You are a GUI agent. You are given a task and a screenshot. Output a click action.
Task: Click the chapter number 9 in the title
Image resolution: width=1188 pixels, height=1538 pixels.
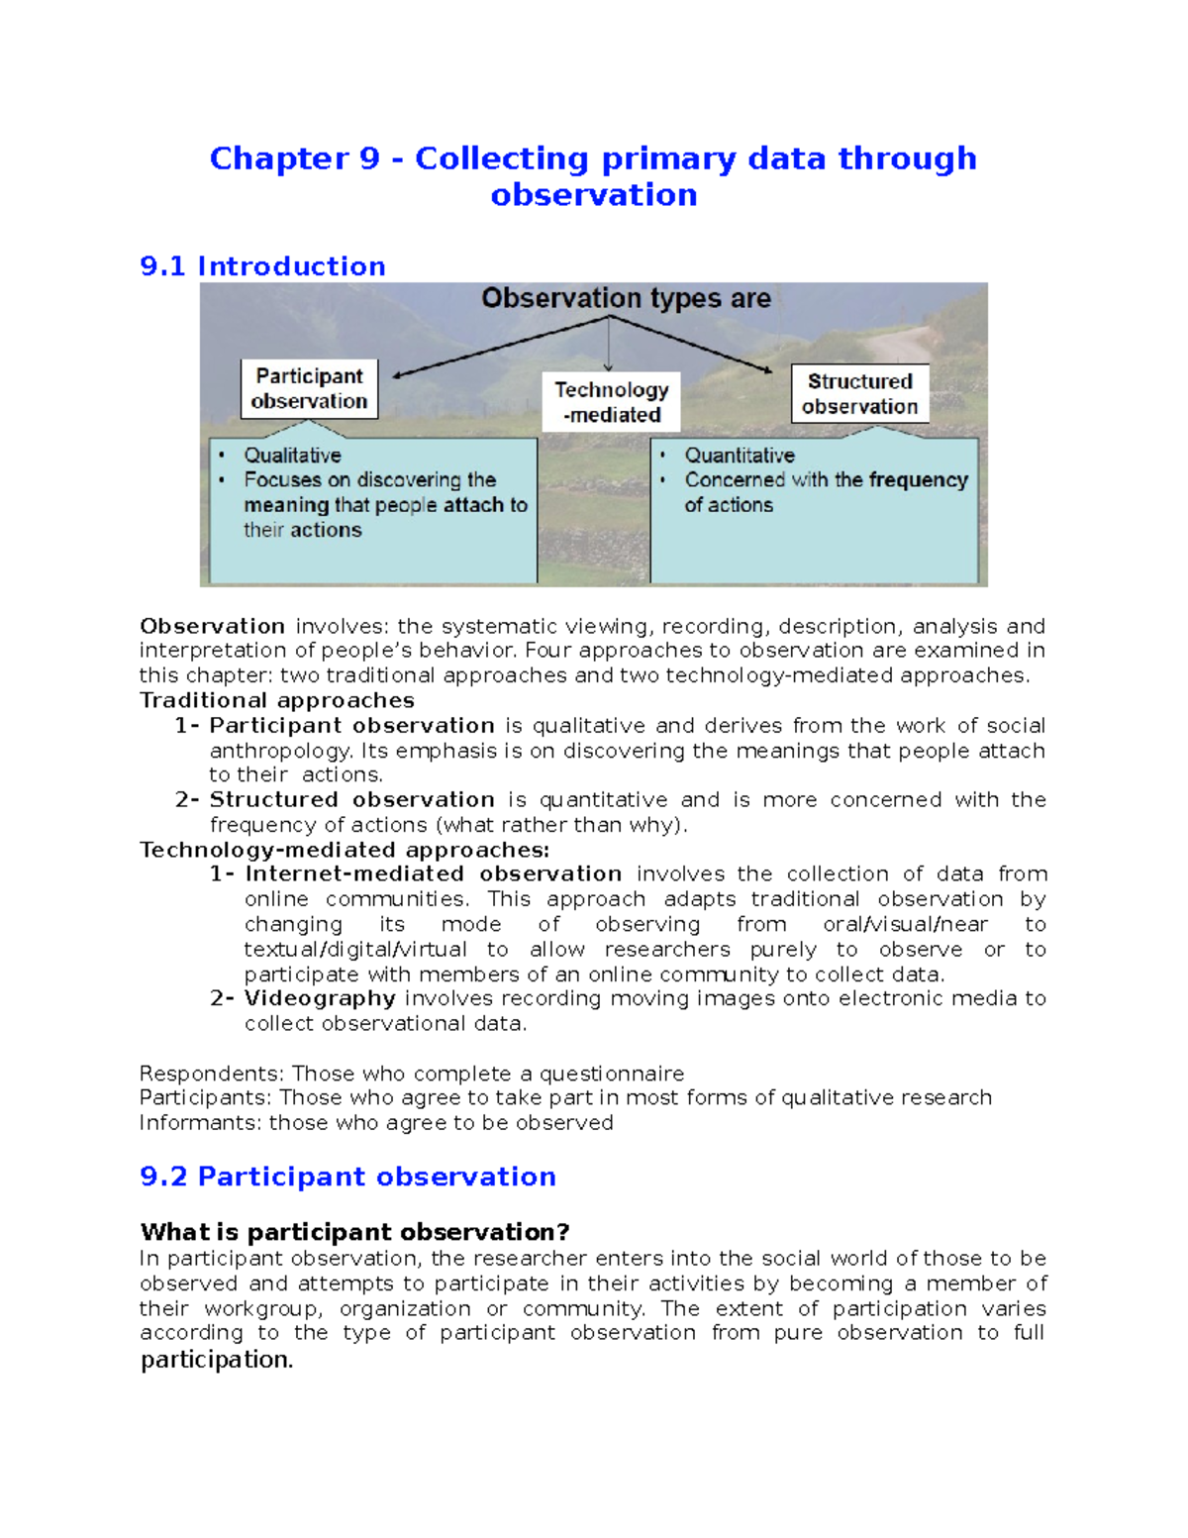click(369, 158)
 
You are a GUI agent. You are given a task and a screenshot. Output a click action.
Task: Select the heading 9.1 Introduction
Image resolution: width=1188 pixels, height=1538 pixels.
click(262, 266)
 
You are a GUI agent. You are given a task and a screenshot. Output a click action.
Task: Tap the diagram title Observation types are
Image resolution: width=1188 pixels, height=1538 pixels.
click(626, 298)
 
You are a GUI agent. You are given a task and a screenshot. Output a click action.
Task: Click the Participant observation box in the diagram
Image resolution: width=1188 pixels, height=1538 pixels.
click(309, 388)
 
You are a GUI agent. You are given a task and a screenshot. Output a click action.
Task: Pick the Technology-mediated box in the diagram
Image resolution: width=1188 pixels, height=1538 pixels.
click(611, 402)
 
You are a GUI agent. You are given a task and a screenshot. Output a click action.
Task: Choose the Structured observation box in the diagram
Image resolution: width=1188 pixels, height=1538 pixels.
click(859, 393)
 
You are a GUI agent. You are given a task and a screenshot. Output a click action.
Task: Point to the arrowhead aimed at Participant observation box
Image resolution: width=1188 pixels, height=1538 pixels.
click(398, 375)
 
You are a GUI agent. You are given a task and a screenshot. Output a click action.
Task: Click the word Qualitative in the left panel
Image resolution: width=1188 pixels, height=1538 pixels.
click(292, 456)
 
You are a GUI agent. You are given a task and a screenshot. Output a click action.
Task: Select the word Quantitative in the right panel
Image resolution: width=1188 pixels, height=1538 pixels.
click(740, 456)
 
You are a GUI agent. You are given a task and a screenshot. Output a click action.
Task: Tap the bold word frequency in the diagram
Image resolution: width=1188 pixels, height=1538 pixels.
click(918, 480)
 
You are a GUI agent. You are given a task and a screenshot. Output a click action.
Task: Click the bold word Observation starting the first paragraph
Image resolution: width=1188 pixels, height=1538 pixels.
click(212, 626)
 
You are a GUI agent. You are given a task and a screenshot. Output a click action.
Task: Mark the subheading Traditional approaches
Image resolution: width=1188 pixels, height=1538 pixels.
click(277, 700)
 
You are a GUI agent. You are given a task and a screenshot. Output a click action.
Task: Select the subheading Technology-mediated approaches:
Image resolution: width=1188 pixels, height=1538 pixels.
click(345, 850)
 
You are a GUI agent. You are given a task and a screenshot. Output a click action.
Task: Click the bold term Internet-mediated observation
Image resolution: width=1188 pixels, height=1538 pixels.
click(433, 873)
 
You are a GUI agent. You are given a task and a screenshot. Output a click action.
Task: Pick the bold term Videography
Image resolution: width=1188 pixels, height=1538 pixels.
click(320, 998)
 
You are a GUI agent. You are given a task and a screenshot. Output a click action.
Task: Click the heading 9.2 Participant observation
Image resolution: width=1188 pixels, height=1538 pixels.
click(347, 1177)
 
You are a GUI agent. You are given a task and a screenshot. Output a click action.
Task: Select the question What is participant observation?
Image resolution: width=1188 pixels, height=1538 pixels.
click(354, 1232)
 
